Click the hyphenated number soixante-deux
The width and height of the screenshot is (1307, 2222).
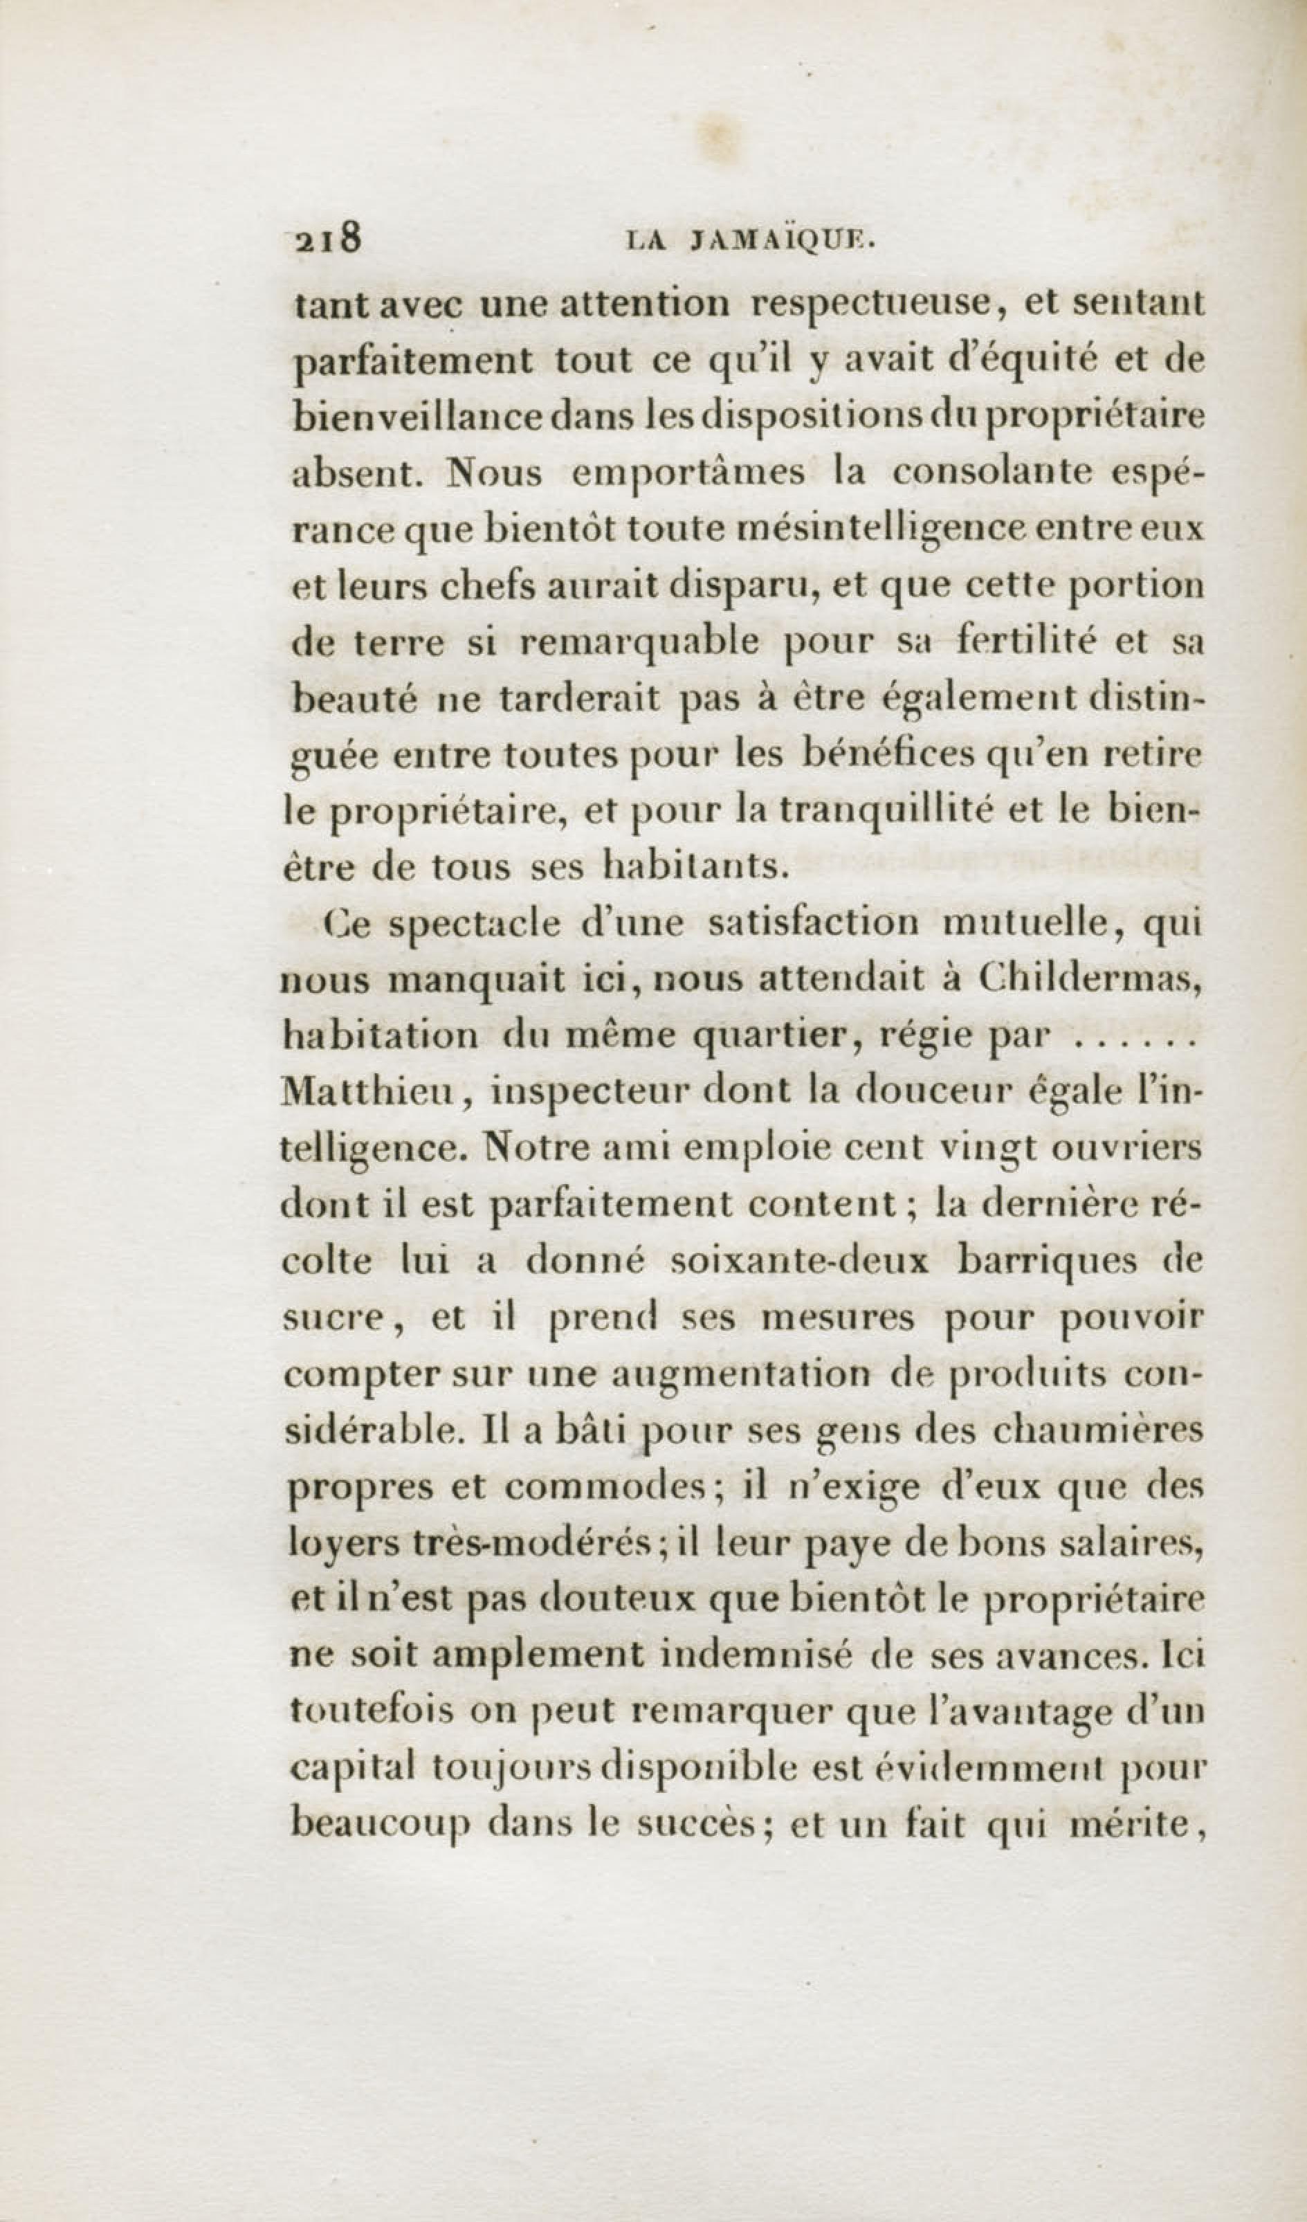tap(799, 1262)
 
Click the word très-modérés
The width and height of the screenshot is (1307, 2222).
tap(483, 1544)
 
